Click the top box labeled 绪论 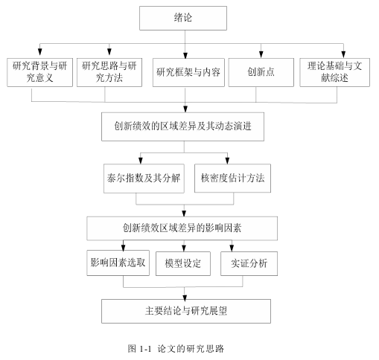coord(183,18)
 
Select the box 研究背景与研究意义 coord(39,72)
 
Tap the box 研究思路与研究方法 coord(109,72)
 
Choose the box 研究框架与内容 coord(188,72)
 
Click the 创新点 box coord(261,72)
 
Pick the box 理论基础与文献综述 coord(335,72)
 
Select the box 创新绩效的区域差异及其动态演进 coord(182,126)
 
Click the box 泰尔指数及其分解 coord(144,179)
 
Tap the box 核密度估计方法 coord(232,178)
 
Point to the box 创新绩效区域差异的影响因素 coord(182,228)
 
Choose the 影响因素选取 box coord(118,263)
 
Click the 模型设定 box coord(183,263)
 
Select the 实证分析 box coord(249,263)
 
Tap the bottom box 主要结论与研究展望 coord(186,311)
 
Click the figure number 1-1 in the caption coord(145,349)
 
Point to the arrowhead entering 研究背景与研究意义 coord(39,52)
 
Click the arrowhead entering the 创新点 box coord(261,54)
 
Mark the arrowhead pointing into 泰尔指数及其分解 coord(141,160)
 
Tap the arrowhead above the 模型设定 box coord(184,248)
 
